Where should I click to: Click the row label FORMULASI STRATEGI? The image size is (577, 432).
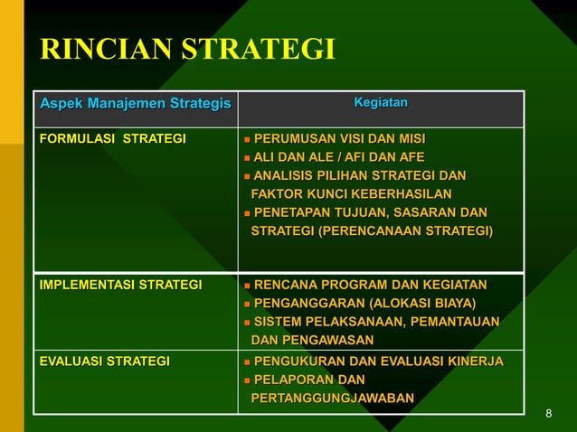pyautogui.click(x=112, y=139)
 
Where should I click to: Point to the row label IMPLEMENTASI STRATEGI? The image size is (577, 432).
pyautogui.click(x=120, y=286)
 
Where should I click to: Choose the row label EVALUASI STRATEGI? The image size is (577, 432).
pyautogui.click(x=104, y=362)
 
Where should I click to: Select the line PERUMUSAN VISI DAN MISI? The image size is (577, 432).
pyautogui.click(x=339, y=139)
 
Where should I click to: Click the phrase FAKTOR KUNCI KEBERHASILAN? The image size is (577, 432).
pyautogui.click(x=351, y=194)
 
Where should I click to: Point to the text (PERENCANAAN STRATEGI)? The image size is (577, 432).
pyautogui.click(x=414, y=231)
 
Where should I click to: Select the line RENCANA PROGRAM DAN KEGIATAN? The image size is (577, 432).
pyautogui.click(x=370, y=286)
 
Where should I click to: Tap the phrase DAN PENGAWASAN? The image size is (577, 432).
pyautogui.click(x=312, y=341)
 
